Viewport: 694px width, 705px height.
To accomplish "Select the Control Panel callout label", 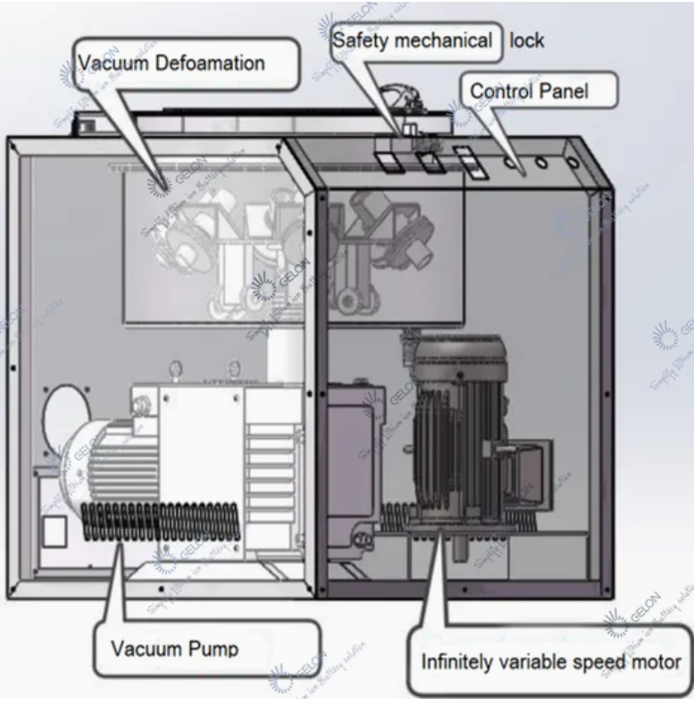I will click(529, 90).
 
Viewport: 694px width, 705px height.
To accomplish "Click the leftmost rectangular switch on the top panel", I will click(387, 162).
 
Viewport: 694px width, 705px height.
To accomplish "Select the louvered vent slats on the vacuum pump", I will click(269, 465).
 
